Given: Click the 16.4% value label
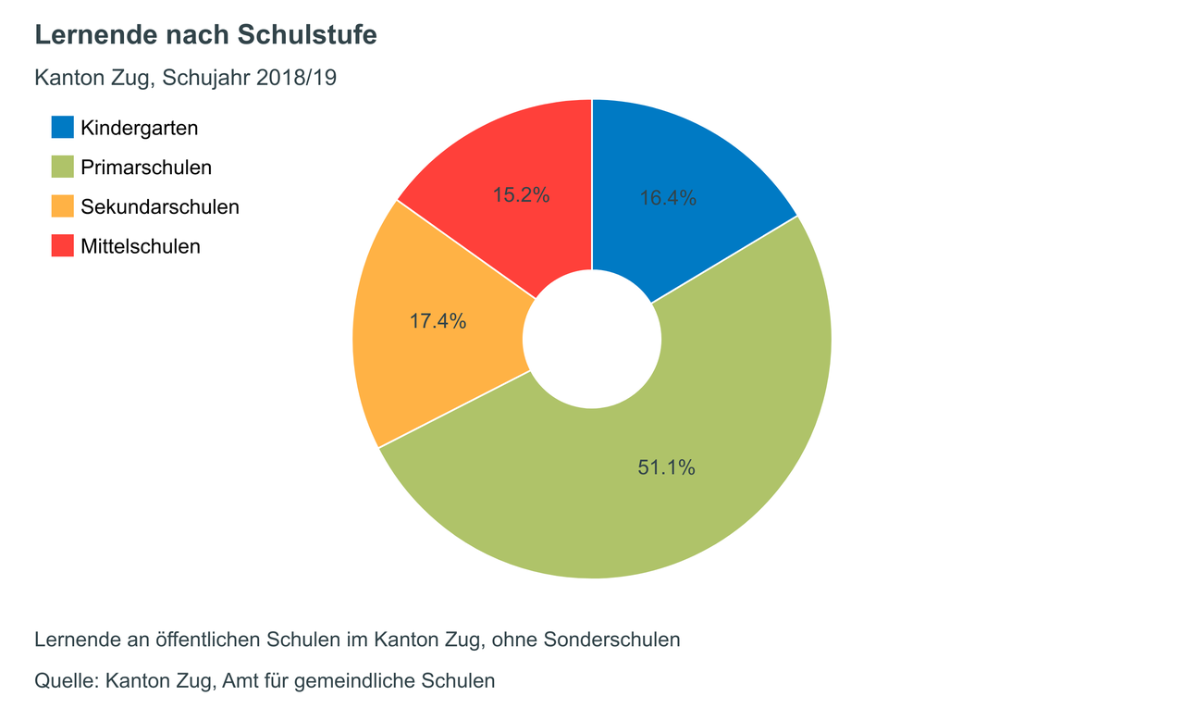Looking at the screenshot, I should (x=668, y=198).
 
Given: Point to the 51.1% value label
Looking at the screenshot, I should (x=666, y=468).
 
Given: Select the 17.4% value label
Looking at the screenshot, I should (x=438, y=322).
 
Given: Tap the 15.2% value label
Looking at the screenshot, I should (x=521, y=195).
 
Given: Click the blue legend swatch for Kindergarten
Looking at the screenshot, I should (x=62, y=128).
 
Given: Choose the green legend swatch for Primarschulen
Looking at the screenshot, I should (x=62, y=168).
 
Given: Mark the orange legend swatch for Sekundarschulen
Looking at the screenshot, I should (x=62, y=206).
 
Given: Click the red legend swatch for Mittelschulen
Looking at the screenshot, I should (x=62, y=246).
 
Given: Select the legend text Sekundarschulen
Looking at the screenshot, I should (x=160, y=206).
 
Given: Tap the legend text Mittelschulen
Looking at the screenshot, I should (x=141, y=246).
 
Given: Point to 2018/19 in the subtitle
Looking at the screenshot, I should (x=296, y=78).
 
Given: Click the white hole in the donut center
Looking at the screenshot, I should (x=592, y=339).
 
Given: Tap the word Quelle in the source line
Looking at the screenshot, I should (x=65, y=681).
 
